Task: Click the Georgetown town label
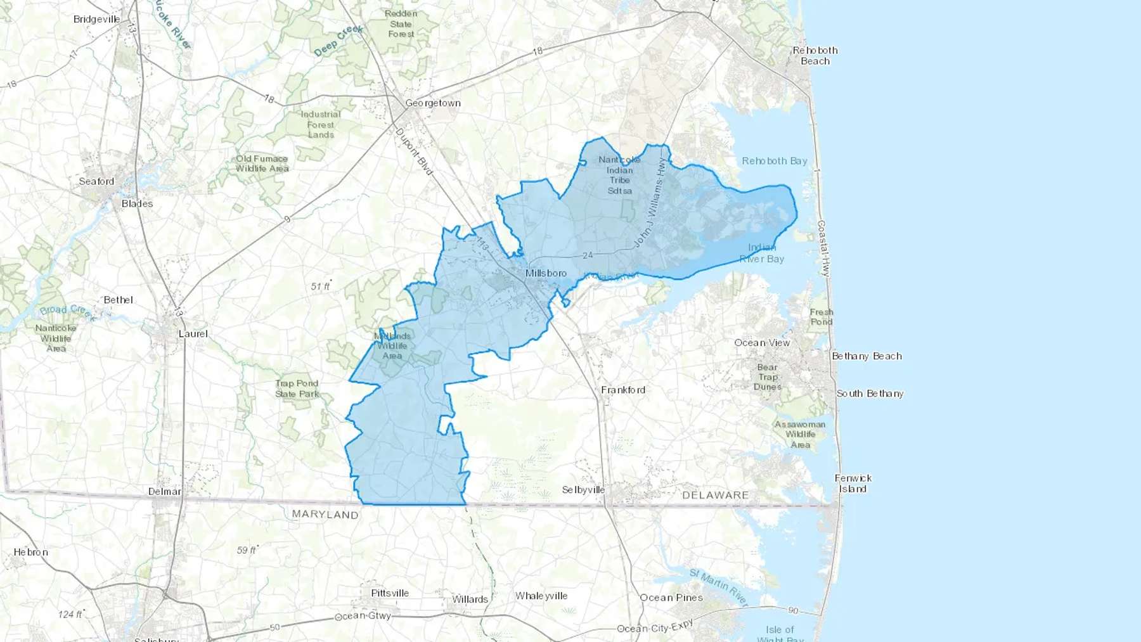[433, 103]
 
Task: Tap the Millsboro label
[546, 273]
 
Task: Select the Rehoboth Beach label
[815, 56]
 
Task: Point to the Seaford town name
[96, 181]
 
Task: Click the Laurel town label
[193, 334]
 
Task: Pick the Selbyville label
[583, 490]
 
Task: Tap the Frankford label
[623, 390]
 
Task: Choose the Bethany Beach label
[867, 356]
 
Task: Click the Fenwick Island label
[853, 484]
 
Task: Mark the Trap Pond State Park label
[297, 388]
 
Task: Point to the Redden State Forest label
[401, 24]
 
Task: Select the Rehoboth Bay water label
[775, 161]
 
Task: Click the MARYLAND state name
[325, 515]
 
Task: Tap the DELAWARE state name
[715, 495]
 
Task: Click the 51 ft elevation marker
[321, 286]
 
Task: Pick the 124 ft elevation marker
[70, 614]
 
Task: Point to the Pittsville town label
[390, 593]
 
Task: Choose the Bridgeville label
[96, 19]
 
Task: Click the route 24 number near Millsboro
[588, 255]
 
